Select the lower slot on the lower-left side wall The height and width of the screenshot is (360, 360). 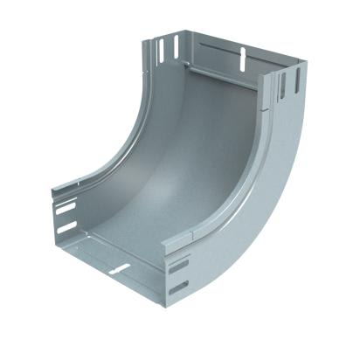[66, 228]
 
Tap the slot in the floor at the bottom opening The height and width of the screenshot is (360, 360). [120, 268]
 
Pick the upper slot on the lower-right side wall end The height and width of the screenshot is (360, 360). [179, 266]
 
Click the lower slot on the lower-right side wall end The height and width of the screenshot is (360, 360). [178, 287]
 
